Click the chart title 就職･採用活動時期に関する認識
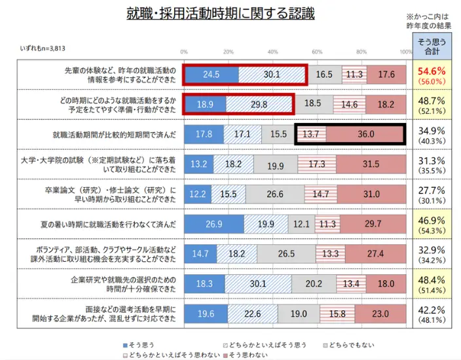pyautogui.click(x=220, y=13)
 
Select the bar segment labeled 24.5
pyautogui.click(x=211, y=75)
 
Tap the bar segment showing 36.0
pyautogui.click(x=365, y=134)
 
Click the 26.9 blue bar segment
pyautogui.click(x=213, y=225)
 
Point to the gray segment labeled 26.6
pyautogui.click(x=275, y=194)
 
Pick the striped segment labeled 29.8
pyautogui.click(x=259, y=104)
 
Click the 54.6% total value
pyautogui.click(x=432, y=71)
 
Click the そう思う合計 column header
pyautogui.click(x=432, y=46)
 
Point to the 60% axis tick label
pyautogui.click(x=317, y=52)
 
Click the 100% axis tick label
pyautogui.click(x=405, y=52)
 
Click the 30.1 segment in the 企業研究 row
pyautogui.click(x=258, y=283)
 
